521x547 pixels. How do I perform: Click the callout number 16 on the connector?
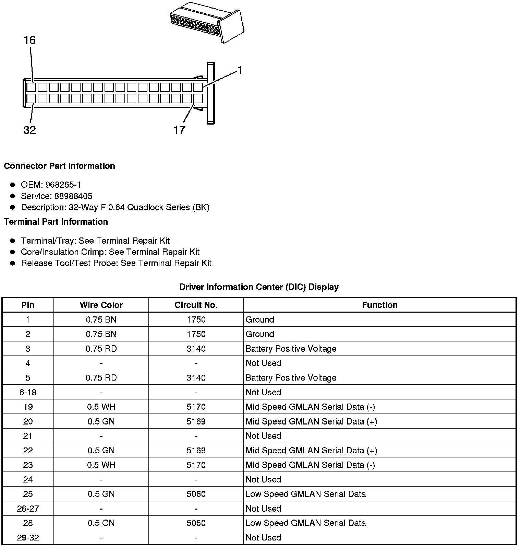(29, 40)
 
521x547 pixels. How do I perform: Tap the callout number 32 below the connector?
(29, 130)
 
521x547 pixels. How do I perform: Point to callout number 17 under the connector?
(179, 130)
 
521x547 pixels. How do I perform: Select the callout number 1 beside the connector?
(240, 70)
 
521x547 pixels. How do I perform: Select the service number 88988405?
(73, 196)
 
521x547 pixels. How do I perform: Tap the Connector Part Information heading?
(59, 166)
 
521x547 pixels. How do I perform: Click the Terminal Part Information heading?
(56, 222)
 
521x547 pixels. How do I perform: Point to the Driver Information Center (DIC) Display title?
(259, 287)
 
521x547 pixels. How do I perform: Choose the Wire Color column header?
(101, 305)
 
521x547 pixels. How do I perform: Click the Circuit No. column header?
(196, 305)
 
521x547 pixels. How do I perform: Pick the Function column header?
(379, 305)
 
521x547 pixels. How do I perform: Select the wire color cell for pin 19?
(101, 407)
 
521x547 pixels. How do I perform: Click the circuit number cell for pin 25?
(196, 494)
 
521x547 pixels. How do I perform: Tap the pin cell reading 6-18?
(28, 392)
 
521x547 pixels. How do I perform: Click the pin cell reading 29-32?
(28, 538)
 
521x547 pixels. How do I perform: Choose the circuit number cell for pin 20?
(196, 421)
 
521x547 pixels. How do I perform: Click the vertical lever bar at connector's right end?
(211, 93)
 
